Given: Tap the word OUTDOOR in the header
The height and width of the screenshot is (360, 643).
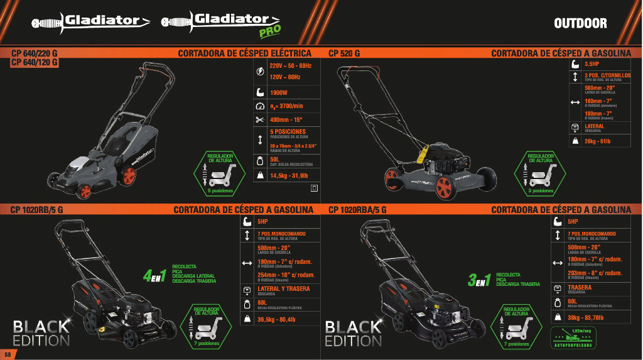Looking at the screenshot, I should point(580,24).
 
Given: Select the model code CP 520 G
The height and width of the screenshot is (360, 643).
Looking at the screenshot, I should point(344,53).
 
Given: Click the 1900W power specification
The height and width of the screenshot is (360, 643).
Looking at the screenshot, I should point(279,92).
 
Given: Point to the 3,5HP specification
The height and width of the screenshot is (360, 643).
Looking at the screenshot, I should point(592,64).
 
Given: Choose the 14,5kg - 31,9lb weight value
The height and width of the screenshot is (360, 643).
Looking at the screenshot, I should point(289,176).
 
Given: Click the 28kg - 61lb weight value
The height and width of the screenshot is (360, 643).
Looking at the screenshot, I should point(597,141).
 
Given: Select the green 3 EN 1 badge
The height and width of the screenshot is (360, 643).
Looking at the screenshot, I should point(479,280).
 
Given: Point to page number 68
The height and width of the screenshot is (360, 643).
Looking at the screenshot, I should point(7,354).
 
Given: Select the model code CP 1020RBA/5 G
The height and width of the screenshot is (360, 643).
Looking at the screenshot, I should point(357,209).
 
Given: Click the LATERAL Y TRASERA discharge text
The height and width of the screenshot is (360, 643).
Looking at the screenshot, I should point(284,289).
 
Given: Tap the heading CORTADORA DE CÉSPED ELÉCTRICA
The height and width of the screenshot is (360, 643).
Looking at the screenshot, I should point(244,53).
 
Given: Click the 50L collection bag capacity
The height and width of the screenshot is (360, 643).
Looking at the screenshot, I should point(274,160).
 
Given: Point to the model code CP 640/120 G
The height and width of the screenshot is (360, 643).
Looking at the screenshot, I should point(35,62).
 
